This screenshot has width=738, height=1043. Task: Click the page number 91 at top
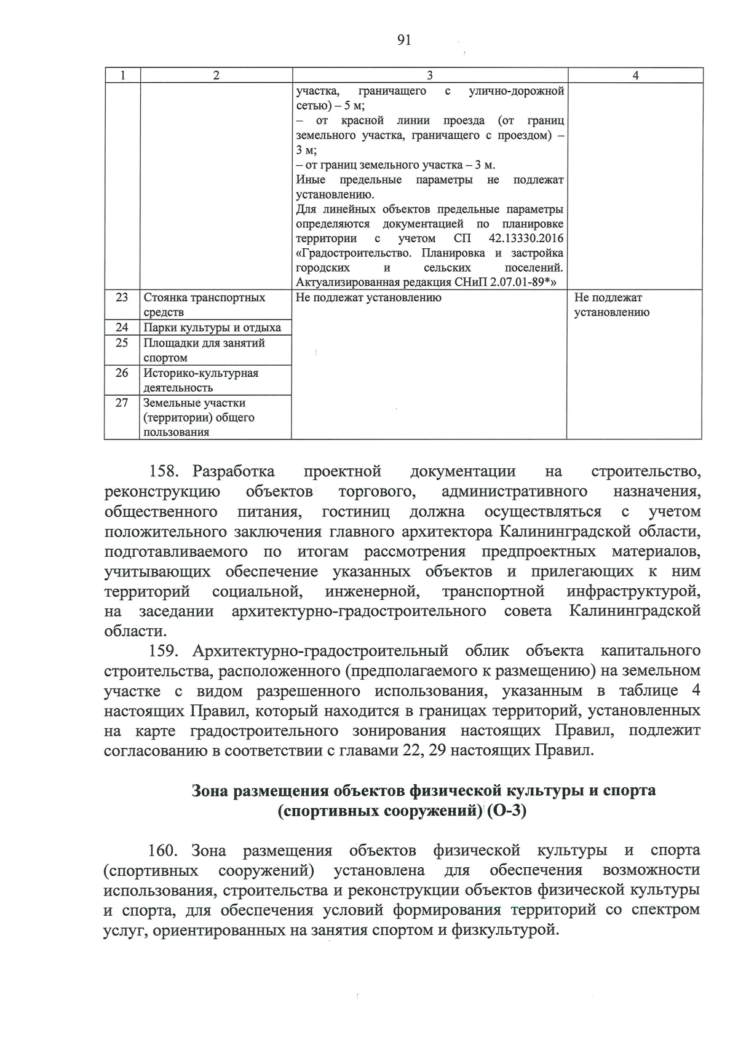click(404, 41)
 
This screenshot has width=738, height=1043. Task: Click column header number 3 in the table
click(429, 75)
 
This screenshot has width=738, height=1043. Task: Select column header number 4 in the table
click(635, 75)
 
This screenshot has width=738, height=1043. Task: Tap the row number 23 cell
click(122, 297)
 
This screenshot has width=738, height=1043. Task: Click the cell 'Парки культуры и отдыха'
click(212, 328)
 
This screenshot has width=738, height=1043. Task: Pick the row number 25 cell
click(122, 343)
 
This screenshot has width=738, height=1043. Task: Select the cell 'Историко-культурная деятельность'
click(201, 380)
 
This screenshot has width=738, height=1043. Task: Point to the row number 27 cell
click(122, 403)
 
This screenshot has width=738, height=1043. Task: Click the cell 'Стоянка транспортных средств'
click(204, 305)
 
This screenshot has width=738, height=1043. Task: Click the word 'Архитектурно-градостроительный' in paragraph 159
click(320, 651)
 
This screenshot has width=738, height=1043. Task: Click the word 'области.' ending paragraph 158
click(135, 631)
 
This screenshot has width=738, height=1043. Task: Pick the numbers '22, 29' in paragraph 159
click(420, 750)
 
